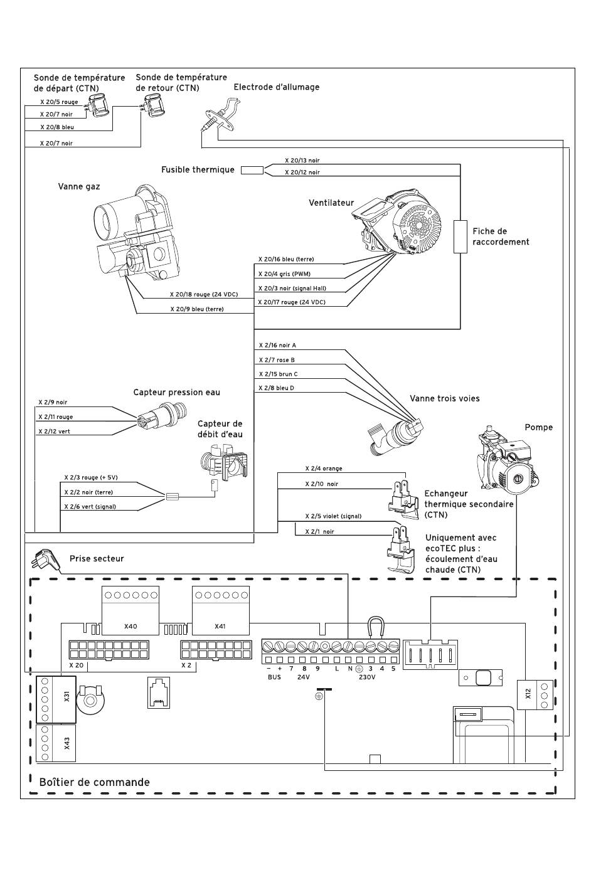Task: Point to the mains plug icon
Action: click(x=46, y=560)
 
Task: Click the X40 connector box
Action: click(x=130, y=610)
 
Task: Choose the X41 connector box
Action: click(x=221, y=610)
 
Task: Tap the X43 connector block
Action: click(x=56, y=743)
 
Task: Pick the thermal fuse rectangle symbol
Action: click(x=252, y=170)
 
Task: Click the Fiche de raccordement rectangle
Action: click(x=460, y=237)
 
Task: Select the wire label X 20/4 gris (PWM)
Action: click(x=284, y=274)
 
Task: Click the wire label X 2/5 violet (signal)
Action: click(x=333, y=516)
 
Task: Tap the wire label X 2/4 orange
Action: click(x=324, y=469)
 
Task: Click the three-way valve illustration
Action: click(x=395, y=436)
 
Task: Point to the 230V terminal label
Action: click(x=367, y=677)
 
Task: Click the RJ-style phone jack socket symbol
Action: click(x=159, y=692)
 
